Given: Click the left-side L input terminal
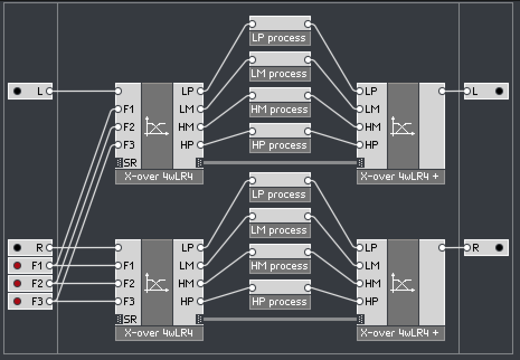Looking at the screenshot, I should (30, 91).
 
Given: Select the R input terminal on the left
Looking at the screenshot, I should (30, 248).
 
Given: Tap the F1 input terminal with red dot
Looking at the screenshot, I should (30, 266).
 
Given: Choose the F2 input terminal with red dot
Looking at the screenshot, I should (30, 283).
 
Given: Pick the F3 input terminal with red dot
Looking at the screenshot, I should (30, 301).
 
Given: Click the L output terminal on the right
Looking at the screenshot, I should (486, 91).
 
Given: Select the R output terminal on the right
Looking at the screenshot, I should (486, 248).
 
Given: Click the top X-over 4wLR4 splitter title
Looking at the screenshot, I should (159, 177).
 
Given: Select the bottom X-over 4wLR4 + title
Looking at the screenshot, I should (401, 334).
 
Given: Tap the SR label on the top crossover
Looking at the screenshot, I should (130, 163).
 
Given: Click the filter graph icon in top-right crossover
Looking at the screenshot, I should (403, 126).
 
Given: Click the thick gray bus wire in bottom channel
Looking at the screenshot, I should (280, 319).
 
